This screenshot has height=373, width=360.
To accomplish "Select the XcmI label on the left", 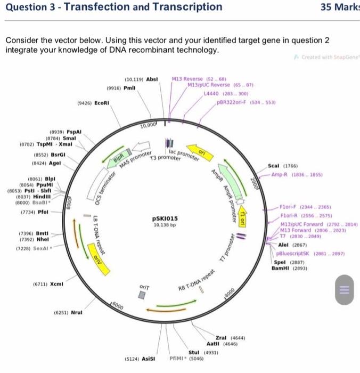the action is point(55,284).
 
